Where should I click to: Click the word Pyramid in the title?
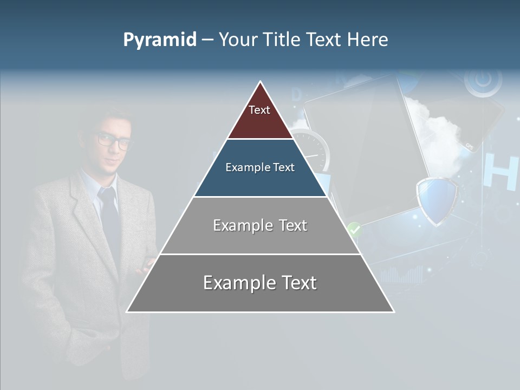point(159,40)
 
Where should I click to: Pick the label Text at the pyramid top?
point(259,110)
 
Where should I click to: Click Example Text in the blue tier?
point(260,167)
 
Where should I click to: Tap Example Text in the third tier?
point(260,225)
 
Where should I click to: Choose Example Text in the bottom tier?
point(260,283)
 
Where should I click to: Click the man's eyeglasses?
point(114,141)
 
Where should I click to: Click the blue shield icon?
point(437,200)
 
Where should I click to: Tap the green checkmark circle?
point(354,229)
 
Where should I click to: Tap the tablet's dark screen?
point(368,146)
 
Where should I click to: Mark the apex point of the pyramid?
point(261,82)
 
